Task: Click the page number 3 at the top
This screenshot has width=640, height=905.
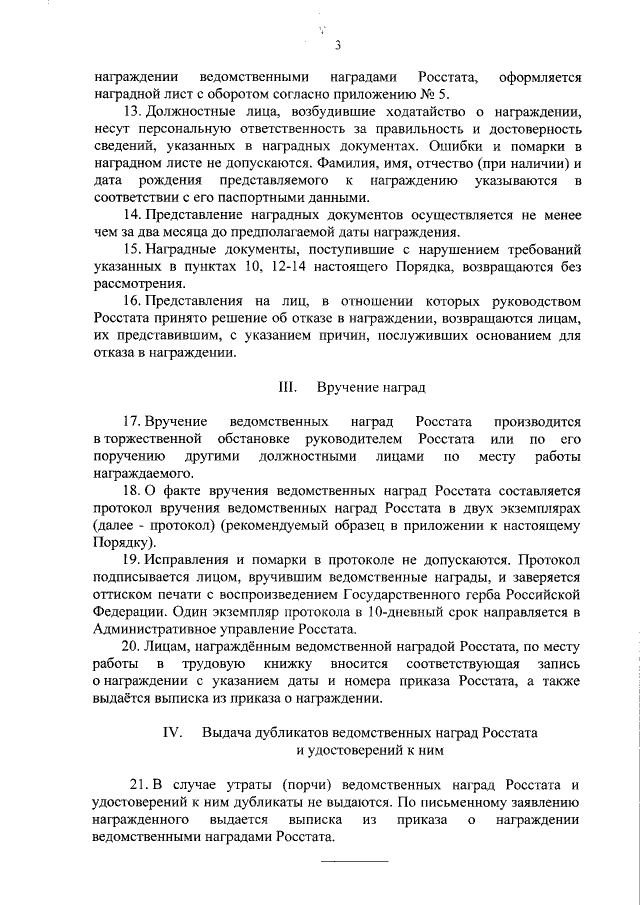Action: coord(338,45)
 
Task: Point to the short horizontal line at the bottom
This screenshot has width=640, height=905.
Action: coord(353,858)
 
